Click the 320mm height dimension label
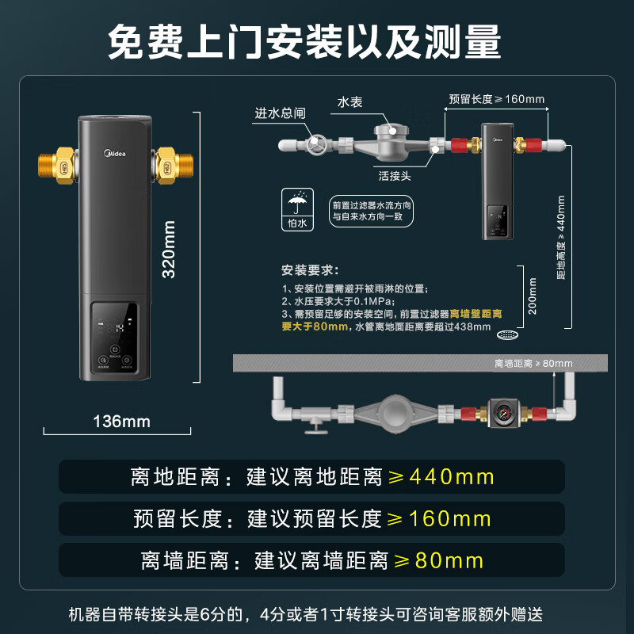(169, 249)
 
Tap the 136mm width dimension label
(121, 421)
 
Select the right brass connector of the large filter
(169, 164)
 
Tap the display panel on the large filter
(116, 337)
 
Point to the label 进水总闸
(280, 113)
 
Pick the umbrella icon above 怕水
(299, 204)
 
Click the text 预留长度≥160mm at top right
(496, 99)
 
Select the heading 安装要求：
(310, 269)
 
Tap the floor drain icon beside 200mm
(506, 336)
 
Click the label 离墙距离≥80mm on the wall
(533, 364)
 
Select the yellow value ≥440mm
(439, 477)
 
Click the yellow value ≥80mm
(439, 560)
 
